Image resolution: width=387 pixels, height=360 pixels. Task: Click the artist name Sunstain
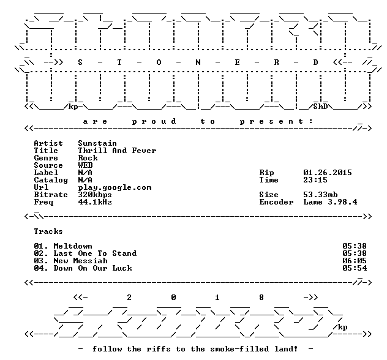(x=97, y=143)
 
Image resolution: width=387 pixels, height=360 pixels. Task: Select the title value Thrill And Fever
(x=117, y=151)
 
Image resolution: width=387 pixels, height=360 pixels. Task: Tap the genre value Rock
(x=88, y=158)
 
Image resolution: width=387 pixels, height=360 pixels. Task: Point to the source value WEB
(x=85, y=165)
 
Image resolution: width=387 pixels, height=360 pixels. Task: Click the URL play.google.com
(x=115, y=188)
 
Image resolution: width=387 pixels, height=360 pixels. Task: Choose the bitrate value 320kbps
(x=95, y=195)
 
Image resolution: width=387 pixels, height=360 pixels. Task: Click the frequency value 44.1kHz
(x=95, y=202)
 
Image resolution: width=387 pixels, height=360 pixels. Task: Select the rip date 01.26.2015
(x=328, y=173)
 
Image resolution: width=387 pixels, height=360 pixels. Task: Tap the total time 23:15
(x=315, y=180)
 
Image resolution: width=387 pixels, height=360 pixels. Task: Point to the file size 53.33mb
(x=320, y=195)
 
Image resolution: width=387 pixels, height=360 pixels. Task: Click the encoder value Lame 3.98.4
(x=330, y=202)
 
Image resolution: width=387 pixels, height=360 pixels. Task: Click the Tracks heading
(x=48, y=231)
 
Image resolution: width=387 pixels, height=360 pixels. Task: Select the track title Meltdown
(x=73, y=246)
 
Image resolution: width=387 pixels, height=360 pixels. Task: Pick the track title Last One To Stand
(x=95, y=253)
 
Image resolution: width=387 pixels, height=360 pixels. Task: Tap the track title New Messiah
(x=80, y=261)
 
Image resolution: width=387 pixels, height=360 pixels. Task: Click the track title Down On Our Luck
(x=93, y=268)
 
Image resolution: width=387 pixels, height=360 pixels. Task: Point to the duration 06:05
(x=355, y=261)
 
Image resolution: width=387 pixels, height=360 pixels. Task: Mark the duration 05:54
(x=355, y=268)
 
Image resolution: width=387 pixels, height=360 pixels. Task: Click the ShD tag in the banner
(x=320, y=107)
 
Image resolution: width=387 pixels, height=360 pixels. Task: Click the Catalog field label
(x=51, y=181)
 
